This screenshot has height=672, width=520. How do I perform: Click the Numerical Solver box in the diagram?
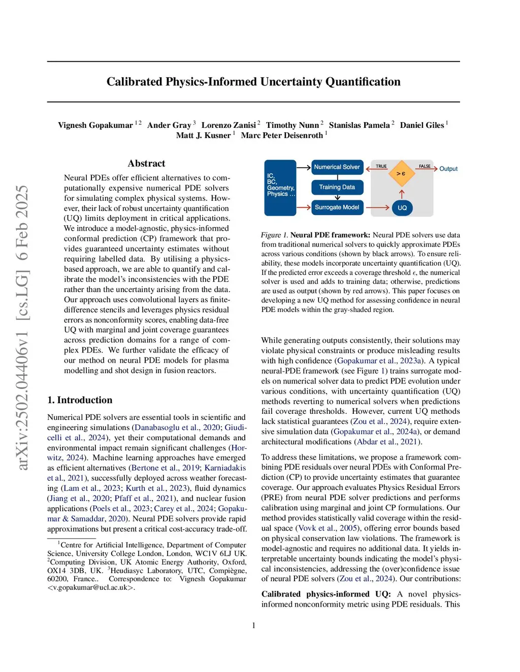click(x=337, y=167)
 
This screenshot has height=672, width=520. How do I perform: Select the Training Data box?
click(x=337, y=187)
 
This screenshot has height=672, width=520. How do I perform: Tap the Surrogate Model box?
click(x=337, y=207)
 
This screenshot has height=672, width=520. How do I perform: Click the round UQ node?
click(x=402, y=207)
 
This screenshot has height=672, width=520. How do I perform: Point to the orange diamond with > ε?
click(x=401, y=173)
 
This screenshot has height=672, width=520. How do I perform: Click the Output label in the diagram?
click(x=448, y=169)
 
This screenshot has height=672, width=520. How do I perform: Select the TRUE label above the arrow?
click(x=381, y=166)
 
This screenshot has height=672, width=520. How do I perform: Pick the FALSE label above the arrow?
click(x=425, y=166)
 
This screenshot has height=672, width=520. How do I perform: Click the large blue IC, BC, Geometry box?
click(x=280, y=188)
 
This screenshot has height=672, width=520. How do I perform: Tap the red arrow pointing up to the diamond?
click(x=402, y=194)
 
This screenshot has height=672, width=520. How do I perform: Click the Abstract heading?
click(x=146, y=163)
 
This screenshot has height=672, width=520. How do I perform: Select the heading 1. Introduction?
click(x=80, y=400)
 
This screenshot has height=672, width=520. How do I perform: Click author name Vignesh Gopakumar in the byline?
click(x=95, y=125)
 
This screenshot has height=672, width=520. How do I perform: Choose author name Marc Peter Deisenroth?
click(x=282, y=135)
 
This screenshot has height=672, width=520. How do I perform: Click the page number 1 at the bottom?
click(x=253, y=625)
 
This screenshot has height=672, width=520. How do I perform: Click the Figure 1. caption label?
click(x=274, y=235)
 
